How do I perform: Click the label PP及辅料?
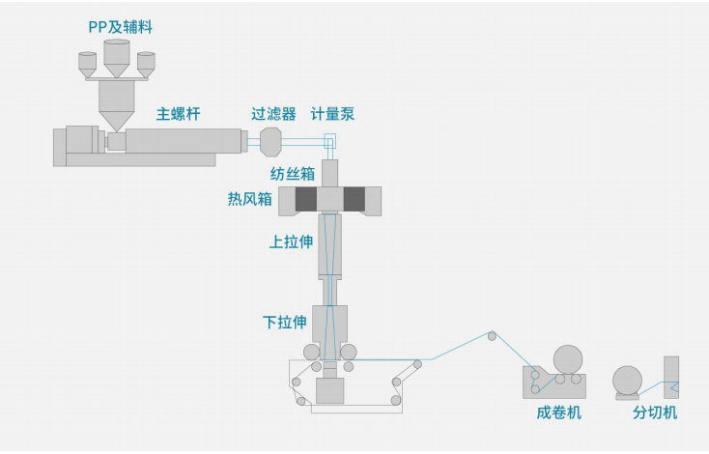pyautogui.click(x=120, y=28)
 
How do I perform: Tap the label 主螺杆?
pyautogui.click(x=179, y=114)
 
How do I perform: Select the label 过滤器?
pyautogui.click(x=273, y=114)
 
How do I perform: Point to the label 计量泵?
pyautogui.click(x=332, y=114)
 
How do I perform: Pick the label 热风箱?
pyautogui.click(x=249, y=200)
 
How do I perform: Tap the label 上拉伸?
pyautogui.click(x=291, y=242)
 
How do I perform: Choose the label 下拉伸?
pyautogui.click(x=285, y=322)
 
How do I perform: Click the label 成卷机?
pyautogui.click(x=558, y=412)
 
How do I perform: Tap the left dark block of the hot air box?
pyautogui.click(x=305, y=200)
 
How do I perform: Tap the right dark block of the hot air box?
pyautogui.click(x=354, y=200)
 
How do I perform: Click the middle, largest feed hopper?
pyautogui.click(x=116, y=60)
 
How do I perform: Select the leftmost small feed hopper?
pyautogui.click(x=87, y=63)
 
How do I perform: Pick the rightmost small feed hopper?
pyautogui.click(x=146, y=63)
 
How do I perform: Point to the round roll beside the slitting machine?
pyautogui.click(x=629, y=379)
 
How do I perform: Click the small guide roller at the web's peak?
pyautogui.click(x=492, y=336)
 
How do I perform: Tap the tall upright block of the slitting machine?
pyautogui.click(x=671, y=379)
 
